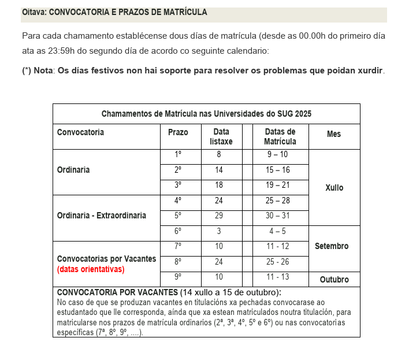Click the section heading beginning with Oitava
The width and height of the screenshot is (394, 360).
tap(114, 12)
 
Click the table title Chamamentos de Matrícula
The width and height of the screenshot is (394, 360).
tap(206, 114)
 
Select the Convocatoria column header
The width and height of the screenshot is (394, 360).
tap(81, 132)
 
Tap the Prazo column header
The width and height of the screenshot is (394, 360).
tap(178, 132)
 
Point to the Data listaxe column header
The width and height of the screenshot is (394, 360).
tap(219, 136)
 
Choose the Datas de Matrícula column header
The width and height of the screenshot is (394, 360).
tap(280, 136)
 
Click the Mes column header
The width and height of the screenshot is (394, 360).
tap(334, 133)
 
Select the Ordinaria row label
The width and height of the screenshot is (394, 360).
tap(73, 170)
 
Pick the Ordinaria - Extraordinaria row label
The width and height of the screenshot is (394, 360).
tap(102, 216)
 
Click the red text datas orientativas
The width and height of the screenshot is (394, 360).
tap(91, 269)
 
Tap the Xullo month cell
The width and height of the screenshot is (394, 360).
tap(334, 188)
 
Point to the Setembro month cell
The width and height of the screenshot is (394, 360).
tap(332, 246)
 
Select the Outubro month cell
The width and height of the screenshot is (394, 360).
tap(334, 280)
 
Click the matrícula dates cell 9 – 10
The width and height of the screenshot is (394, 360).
tap(277, 155)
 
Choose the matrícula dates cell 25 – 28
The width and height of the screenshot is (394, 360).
tap(278, 201)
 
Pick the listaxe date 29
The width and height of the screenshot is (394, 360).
tap(219, 216)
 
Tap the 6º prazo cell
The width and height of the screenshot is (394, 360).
tap(178, 231)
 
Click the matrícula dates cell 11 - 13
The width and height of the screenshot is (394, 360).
tap(278, 277)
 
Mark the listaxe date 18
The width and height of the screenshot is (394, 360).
tap(219, 185)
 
